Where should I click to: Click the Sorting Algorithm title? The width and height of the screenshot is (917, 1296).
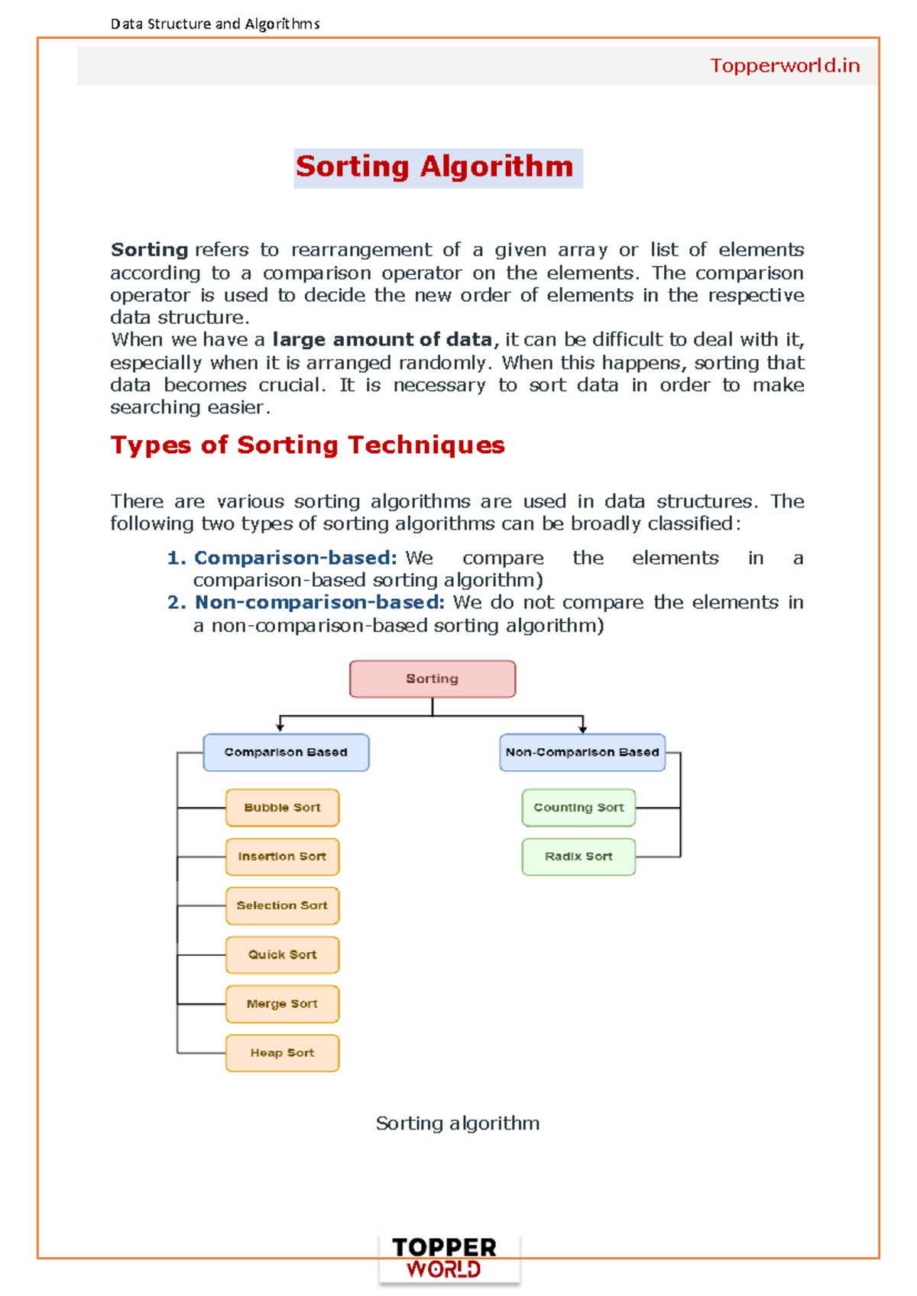[435, 167]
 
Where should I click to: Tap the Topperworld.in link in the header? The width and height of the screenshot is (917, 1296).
[785, 66]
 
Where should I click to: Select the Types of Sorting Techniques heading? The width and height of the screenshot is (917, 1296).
[307, 445]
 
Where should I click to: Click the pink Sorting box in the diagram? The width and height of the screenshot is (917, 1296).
[433, 679]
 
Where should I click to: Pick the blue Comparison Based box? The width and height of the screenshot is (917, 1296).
[286, 753]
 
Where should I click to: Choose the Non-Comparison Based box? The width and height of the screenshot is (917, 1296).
[582, 753]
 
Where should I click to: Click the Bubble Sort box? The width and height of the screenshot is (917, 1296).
[282, 808]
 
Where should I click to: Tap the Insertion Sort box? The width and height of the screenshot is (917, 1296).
[282, 857]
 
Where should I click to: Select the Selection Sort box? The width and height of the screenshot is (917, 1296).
[282, 906]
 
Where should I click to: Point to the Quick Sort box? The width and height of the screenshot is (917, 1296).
[282, 954]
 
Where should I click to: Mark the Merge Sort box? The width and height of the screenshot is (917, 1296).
[282, 1004]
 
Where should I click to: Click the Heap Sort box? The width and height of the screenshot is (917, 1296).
[282, 1053]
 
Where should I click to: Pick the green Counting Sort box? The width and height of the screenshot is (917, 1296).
[578, 808]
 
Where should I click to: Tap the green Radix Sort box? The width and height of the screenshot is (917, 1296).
[578, 857]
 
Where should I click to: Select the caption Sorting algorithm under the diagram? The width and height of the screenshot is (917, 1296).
[458, 1123]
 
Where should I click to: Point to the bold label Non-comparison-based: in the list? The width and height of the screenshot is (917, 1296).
[319, 603]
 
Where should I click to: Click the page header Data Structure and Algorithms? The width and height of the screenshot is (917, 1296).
[215, 24]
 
